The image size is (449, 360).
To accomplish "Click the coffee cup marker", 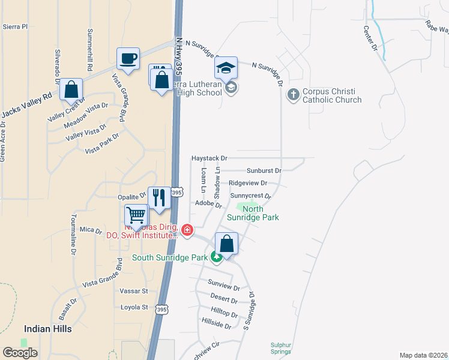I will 128,59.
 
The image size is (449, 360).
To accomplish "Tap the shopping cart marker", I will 136,215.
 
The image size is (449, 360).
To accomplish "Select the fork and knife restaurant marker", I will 159,197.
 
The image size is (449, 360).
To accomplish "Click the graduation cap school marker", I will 226,68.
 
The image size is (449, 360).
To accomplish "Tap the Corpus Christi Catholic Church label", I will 332,96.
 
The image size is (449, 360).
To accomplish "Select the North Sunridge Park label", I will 253,214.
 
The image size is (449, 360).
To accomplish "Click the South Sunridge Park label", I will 170,257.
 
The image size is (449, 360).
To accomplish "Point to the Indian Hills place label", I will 48,329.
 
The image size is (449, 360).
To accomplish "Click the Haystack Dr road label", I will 209,158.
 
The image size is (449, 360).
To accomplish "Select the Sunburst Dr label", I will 264,170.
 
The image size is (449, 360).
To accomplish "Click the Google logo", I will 20,352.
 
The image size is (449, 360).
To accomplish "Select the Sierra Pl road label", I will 15,26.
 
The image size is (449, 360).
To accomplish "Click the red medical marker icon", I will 187,230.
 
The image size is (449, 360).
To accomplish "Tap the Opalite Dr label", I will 131,196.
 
